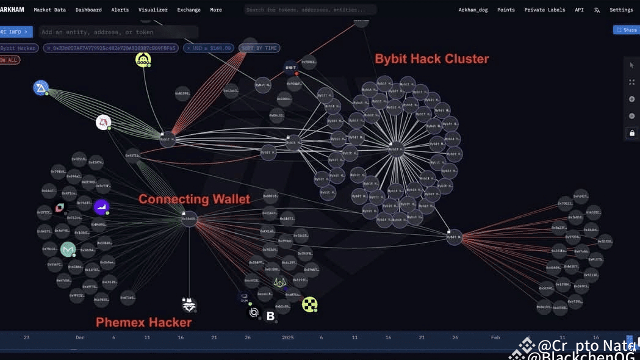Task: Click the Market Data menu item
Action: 49,10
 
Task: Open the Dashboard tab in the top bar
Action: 88,10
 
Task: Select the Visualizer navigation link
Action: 153,10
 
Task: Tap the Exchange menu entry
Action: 189,10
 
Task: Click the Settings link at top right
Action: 621,10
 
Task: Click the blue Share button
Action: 626,29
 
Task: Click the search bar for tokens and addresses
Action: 310,10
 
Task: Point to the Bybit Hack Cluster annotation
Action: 431,59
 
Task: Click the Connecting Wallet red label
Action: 194,199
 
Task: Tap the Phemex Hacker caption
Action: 143,322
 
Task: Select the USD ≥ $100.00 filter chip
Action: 209,48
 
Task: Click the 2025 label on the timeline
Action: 287,337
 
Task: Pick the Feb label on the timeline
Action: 495,337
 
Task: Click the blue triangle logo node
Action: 41,88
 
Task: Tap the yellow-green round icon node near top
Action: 143,60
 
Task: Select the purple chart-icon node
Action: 101,207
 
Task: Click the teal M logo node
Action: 68,249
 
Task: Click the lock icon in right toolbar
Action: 631,133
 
